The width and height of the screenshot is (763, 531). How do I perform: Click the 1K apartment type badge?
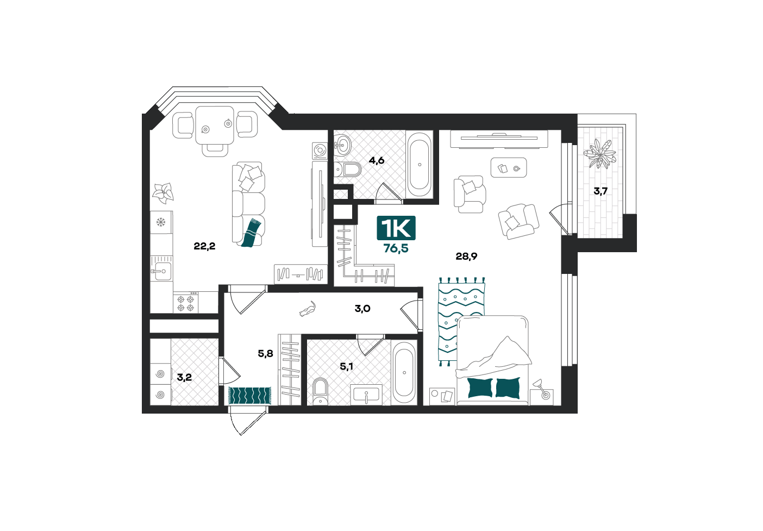click(396, 228)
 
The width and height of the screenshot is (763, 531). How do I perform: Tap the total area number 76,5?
click(396, 248)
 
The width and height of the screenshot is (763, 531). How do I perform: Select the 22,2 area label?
click(204, 246)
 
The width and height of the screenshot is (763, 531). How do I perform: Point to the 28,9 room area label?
click(466, 256)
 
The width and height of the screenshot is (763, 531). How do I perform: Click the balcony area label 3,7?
click(601, 191)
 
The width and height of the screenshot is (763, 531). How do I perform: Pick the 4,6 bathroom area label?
click(377, 160)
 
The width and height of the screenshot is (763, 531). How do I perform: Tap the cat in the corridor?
click(308, 309)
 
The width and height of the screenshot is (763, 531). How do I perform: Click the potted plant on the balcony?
click(599, 154)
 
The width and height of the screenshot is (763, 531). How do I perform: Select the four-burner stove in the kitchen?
click(186, 302)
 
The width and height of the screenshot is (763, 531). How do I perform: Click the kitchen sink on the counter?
click(161, 271)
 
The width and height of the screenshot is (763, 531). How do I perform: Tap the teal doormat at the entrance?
click(249, 396)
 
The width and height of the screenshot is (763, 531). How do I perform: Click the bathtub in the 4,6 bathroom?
click(420, 165)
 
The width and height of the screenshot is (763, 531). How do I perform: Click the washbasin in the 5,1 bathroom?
click(366, 395)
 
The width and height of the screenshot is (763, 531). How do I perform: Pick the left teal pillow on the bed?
click(480, 388)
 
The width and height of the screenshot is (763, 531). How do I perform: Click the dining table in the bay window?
click(215, 125)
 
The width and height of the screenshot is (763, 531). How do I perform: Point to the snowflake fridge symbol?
click(161, 222)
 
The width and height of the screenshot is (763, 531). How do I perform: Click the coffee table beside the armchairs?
click(509, 167)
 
